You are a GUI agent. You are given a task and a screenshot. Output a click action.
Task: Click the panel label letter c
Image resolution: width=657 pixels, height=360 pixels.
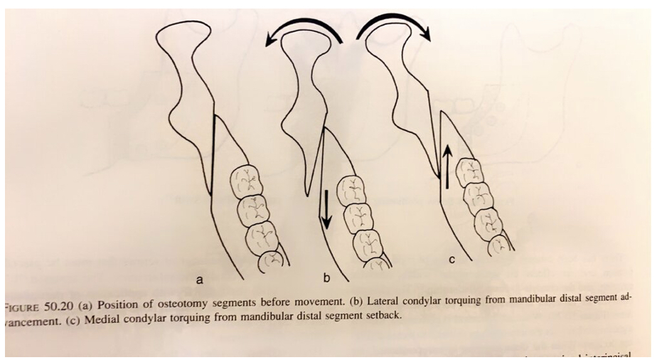pyautogui.click(x=451, y=260)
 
